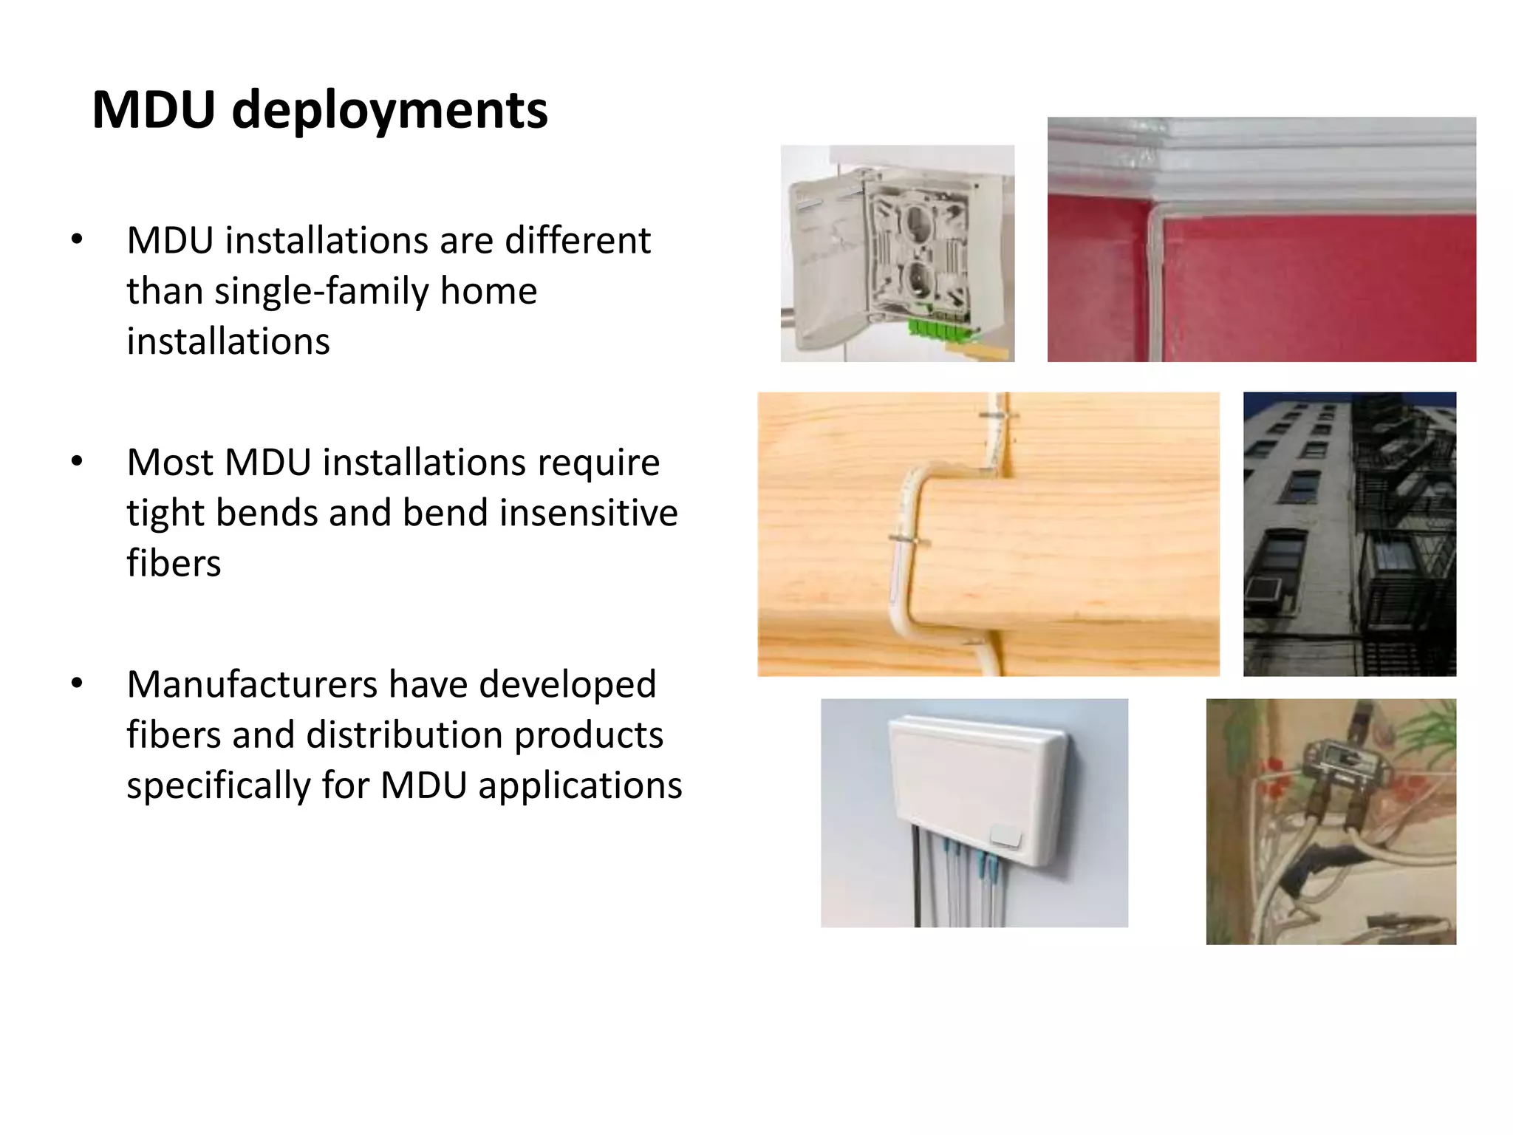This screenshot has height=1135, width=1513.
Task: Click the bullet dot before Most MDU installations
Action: coord(77,462)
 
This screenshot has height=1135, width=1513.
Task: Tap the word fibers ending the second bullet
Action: coord(174,563)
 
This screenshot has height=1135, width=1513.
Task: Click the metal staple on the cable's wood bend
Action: coord(909,542)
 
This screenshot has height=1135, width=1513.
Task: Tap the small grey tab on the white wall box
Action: coord(1004,837)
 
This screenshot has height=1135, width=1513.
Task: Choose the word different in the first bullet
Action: coord(578,241)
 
